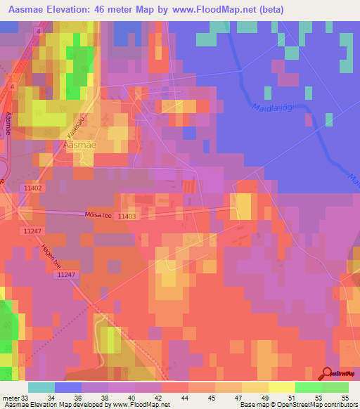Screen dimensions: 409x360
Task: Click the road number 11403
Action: pos(127,217)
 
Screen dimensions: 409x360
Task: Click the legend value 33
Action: pos(26,398)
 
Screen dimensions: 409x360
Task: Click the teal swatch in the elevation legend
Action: pos(41,387)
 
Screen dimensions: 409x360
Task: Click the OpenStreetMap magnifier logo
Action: pos(326,373)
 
